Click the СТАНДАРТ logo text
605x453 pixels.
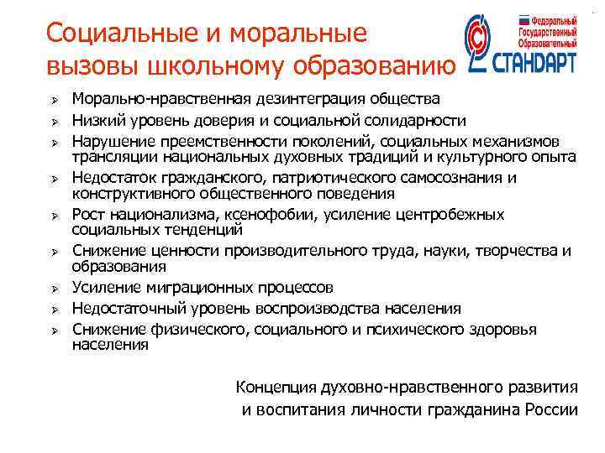(535, 64)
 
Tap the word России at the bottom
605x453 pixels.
(550, 409)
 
